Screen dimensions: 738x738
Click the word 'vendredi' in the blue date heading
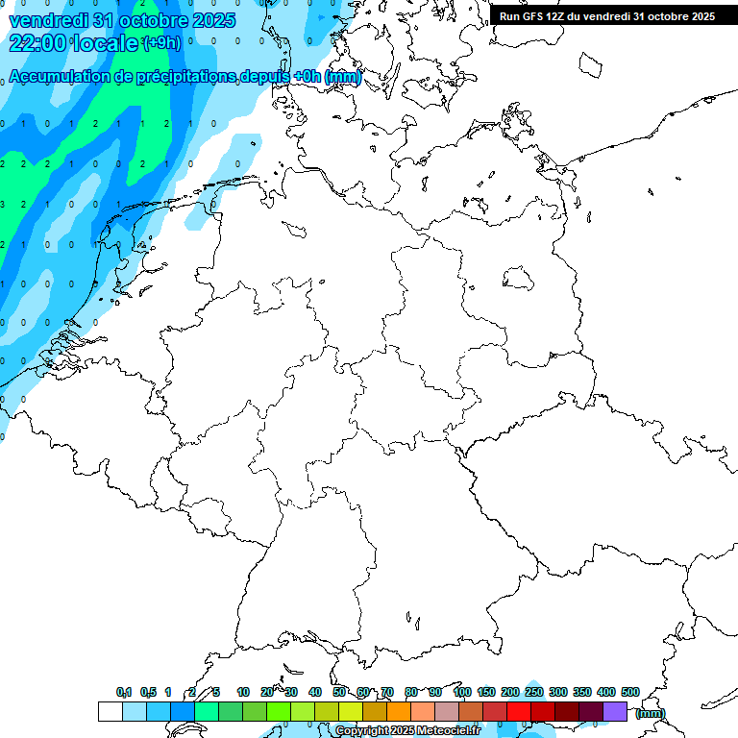click(45, 20)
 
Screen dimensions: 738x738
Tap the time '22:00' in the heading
click(37, 42)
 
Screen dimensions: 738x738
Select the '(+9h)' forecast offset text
click(161, 43)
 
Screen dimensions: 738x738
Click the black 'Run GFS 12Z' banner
click(607, 16)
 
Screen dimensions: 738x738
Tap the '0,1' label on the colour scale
click(124, 692)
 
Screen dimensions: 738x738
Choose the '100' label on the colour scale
click(461, 692)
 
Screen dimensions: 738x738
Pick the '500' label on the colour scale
click(630, 692)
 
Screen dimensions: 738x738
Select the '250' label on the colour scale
click(534, 692)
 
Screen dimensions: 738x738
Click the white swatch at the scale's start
click(110, 711)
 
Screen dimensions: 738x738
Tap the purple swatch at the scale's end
click(615, 711)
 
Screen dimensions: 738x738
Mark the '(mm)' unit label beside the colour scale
click(651, 713)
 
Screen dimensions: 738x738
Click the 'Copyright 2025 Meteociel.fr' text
click(407, 731)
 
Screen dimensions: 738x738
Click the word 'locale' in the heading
click(103, 42)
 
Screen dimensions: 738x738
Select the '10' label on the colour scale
click(243, 692)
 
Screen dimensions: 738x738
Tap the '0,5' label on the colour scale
click(148, 692)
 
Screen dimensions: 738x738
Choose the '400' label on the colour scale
click(606, 692)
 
